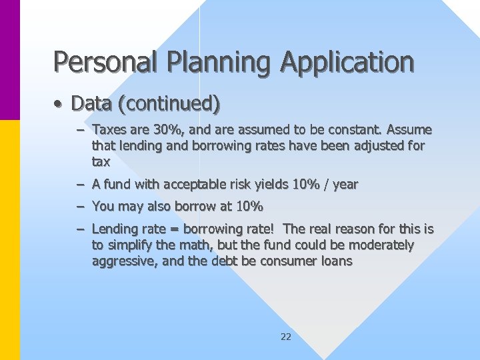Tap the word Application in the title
click(x=347, y=62)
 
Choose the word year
click(x=345, y=184)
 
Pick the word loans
click(x=337, y=261)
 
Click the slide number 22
click(x=286, y=337)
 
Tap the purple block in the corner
click(x=10, y=60)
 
